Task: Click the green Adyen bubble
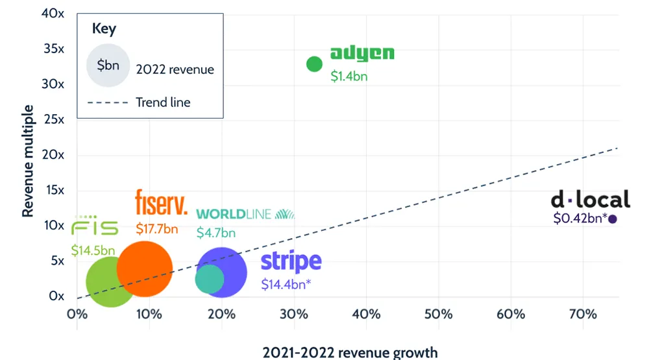pos(314,64)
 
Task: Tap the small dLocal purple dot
pos(613,219)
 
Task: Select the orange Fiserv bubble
pos(145,268)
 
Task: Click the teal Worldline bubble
pos(210,279)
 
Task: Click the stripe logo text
pos(291,261)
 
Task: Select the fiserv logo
pos(161,203)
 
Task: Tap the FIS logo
pos(95,227)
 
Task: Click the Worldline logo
pos(245,214)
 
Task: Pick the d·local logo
pos(590,199)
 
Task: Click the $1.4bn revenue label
pos(349,76)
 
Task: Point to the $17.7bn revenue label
pos(156,228)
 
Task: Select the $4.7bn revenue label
pos(216,233)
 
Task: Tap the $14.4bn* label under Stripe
pos(286,283)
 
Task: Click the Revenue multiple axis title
pos(28,168)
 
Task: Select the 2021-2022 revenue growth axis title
pos(350,353)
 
